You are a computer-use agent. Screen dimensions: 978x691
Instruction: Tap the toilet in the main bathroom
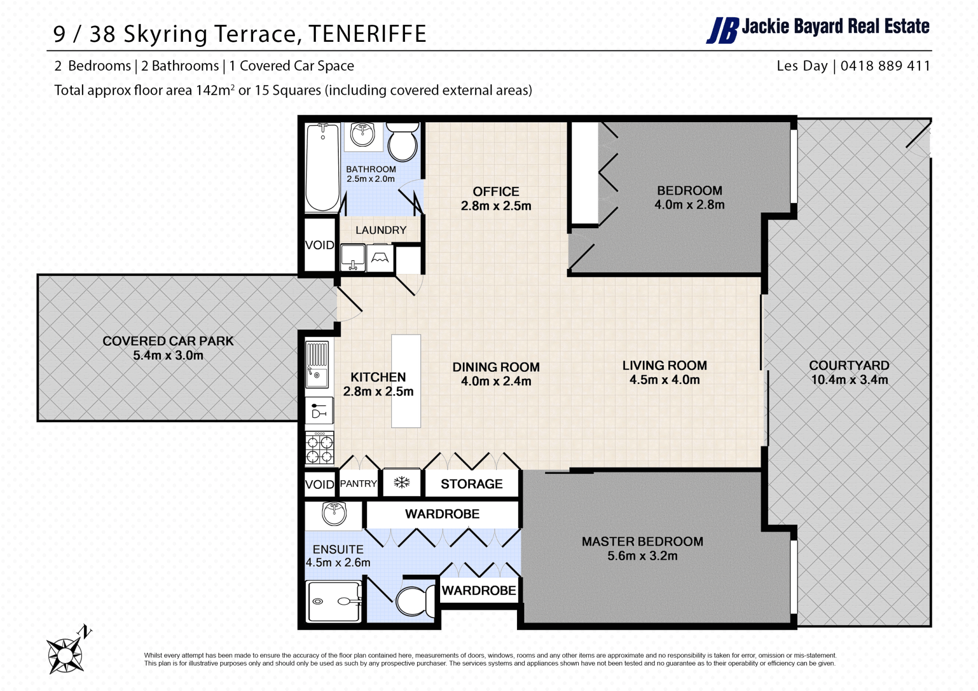[403, 141]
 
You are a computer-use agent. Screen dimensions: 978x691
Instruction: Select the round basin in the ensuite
[334, 513]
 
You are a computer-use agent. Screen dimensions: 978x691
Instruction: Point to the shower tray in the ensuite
[334, 601]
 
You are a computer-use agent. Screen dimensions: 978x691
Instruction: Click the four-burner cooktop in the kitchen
[319, 448]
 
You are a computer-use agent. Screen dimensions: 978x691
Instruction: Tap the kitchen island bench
[406, 381]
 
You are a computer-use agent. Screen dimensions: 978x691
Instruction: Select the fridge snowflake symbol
[402, 482]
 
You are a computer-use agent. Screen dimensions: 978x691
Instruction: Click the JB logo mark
[722, 31]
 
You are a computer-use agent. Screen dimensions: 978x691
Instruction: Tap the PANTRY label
[359, 483]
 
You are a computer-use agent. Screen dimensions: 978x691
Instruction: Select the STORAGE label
[472, 484]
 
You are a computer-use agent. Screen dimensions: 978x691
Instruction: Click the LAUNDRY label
[381, 230]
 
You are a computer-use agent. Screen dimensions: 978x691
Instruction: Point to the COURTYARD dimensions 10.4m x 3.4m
[850, 380]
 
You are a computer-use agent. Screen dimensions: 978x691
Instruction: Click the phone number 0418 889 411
[885, 66]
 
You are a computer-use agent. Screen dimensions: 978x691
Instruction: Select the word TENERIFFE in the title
[367, 34]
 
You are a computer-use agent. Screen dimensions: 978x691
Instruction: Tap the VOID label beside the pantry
[319, 484]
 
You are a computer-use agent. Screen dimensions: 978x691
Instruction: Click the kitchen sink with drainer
[317, 364]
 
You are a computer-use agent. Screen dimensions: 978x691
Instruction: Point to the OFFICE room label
[496, 191]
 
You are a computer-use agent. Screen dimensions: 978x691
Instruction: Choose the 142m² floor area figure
[215, 90]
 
